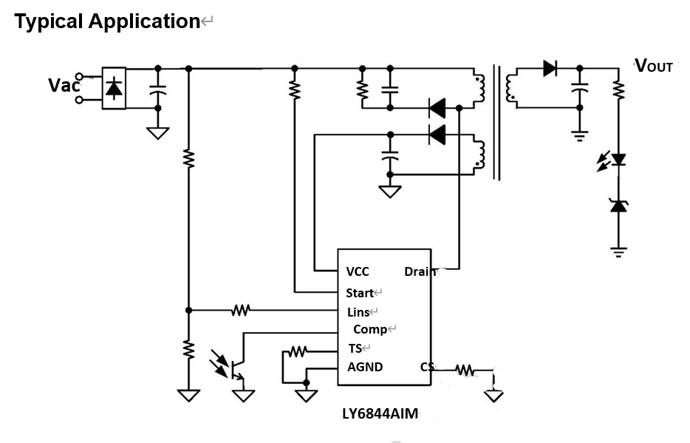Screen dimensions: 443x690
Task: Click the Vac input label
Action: click(x=64, y=85)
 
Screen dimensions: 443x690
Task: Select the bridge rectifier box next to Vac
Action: click(x=113, y=88)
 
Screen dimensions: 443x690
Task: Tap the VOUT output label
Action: click(x=654, y=66)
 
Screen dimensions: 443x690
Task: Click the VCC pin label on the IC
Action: click(x=357, y=271)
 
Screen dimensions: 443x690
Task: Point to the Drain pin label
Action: click(x=419, y=271)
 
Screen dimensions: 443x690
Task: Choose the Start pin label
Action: click(x=360, y=293)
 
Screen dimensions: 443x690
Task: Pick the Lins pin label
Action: click(x=358, y=312)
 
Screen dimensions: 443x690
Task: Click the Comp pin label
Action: click(x=370, y=330)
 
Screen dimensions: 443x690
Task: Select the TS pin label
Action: click(x=355, y=348)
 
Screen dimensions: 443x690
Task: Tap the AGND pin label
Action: click(x=365, y=367)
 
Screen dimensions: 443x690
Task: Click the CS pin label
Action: click(x=426, y=367)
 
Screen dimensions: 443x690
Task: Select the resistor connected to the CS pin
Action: click(x=464, y=368)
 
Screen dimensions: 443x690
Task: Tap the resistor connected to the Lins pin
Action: click(x=241, y=310)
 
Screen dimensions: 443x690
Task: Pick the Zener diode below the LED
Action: click(x=618, y=206)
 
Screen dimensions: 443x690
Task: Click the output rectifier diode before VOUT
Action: click(x=550, y=69)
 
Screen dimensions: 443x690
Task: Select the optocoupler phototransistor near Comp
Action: click(x=235, y=367)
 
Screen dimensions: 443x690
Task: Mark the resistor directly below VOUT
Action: click(x=618, y=90)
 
